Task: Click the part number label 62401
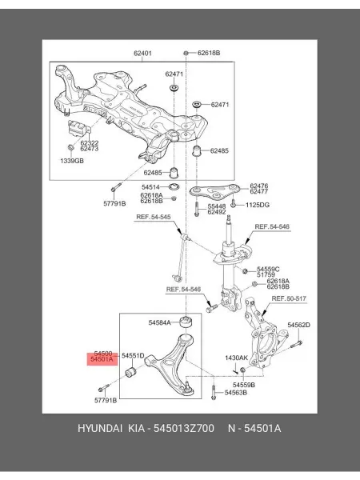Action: [x=142, y=54]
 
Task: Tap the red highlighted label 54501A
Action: [x=102, y=359]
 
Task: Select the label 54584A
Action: [x=159, y=322]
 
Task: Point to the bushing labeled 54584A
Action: [x=186, y=322]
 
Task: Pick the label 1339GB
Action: [x=72, y=161]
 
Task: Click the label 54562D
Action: [x=298, y=325]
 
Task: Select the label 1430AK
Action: [x=237, y=358]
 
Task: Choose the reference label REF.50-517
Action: [x=289, y=298]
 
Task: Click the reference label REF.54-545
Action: [x=154, y=217]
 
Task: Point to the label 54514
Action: [x=150, y=186]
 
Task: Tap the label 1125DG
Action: [x=258, y=205]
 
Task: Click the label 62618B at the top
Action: [x=209, y=53]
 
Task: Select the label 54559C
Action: [x=268, y=269]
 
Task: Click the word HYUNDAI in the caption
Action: [x=100, y=428]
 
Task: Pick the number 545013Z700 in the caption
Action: [x=184, y=428]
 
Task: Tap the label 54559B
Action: [x=244, y=385]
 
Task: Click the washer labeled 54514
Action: [x=174, y=186]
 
